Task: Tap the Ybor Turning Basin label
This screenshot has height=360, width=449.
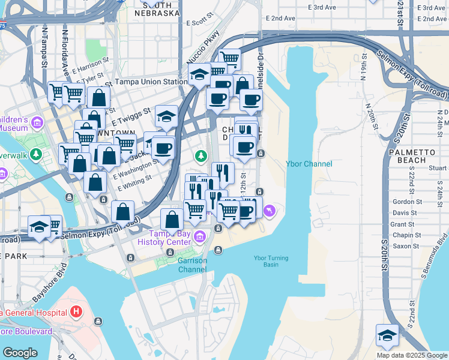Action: coord(271,262)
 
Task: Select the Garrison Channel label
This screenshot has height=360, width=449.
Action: coord(192,265)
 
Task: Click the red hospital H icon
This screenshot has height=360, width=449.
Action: coord(76,312)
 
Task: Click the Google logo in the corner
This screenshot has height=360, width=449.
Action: coord(20,353)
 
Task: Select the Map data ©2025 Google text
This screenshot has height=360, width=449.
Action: coord(411,355)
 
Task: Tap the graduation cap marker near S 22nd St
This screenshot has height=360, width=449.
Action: coord(387,335)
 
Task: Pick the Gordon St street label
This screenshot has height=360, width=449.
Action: coord(404,202)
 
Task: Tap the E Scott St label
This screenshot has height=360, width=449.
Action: coord(200,23)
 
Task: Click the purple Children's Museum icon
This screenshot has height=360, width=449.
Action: coord(37,122)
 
